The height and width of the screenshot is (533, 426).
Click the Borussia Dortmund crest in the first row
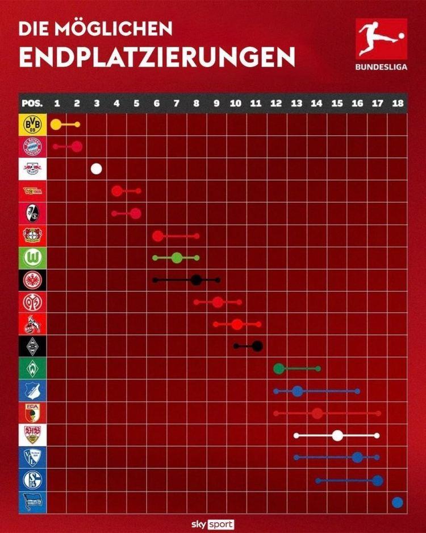(32, 125)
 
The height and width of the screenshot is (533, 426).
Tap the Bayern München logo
(32, 147)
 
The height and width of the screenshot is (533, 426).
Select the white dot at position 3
(97, 168)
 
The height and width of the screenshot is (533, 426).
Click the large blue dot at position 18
(397, 502)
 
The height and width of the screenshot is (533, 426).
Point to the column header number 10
(236, 104)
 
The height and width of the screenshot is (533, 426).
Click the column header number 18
(397, 104)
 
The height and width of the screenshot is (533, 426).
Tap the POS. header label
(32, 104)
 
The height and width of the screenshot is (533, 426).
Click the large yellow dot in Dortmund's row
(56, 125)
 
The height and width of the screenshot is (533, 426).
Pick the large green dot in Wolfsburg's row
(177, 258)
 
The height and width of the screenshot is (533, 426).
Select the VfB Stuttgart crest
(32, 435)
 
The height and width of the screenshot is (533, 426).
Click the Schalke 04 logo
(32, 480)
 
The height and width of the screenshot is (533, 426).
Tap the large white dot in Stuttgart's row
(337, 436)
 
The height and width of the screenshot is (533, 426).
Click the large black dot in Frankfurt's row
(197, 280)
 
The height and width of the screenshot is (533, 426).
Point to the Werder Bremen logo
(32, 369)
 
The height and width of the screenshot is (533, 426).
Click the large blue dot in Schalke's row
(378, 480)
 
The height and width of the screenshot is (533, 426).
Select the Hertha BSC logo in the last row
(32, 502)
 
